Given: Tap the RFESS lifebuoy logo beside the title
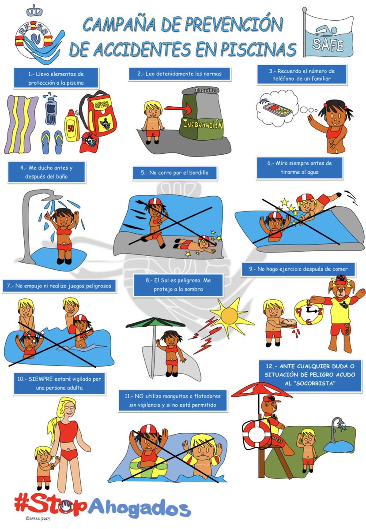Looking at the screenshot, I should coord(33,35).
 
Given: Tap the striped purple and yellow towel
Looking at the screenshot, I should coord(22,123).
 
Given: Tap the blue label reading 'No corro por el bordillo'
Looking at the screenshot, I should coord(175,173).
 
